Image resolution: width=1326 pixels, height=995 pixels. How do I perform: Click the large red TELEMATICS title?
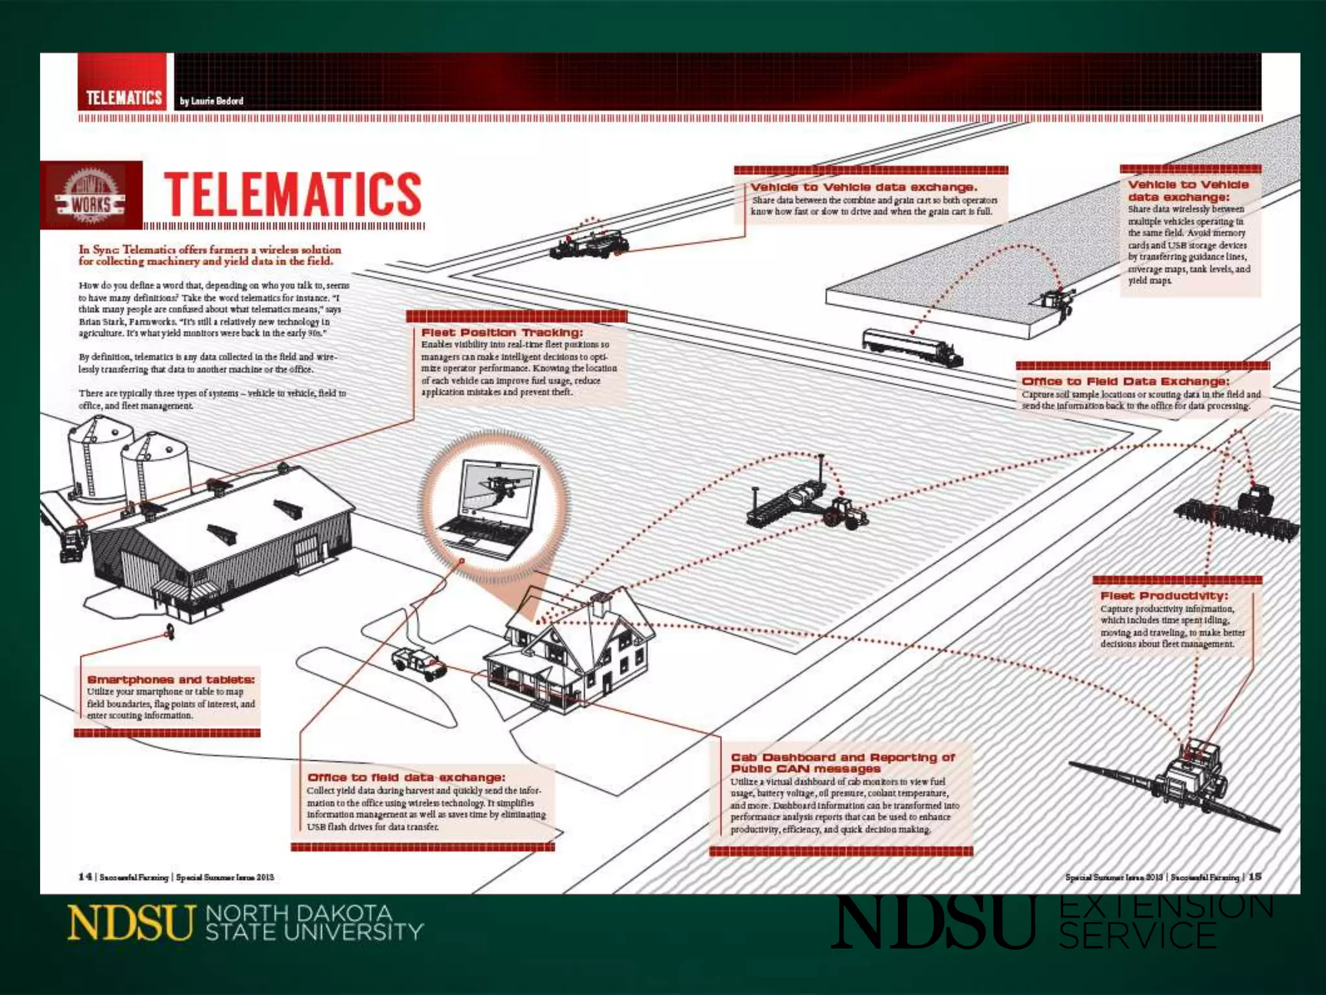[293, 194]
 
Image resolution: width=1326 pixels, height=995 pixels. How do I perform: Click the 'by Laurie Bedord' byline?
[212, 101]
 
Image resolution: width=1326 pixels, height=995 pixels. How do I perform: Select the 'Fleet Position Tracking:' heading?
[502, 332]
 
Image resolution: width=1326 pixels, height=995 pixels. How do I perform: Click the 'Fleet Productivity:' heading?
[1164, 595]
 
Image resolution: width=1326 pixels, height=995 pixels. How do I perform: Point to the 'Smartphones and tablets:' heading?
[171, 680]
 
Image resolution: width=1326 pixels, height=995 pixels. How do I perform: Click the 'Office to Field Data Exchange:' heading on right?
[1125, 382]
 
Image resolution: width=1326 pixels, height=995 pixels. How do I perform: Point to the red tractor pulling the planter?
[844, 512]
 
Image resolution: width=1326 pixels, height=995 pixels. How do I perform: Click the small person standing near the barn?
[171, 630]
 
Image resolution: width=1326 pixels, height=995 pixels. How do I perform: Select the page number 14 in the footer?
[85, 876]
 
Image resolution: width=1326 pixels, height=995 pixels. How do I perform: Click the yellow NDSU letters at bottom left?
[131, 922]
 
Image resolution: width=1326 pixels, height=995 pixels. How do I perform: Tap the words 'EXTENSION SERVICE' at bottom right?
[1165, 921]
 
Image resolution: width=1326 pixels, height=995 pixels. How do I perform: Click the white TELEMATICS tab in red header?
[124, 98]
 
